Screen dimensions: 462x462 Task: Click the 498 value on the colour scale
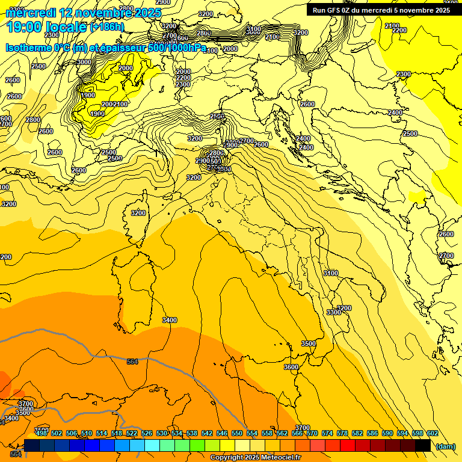coord(42,433)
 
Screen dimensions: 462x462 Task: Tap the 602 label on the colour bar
coord(432,433)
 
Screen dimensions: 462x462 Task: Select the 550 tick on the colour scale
coord(237,433)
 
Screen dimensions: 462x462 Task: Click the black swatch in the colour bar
coord(422,445)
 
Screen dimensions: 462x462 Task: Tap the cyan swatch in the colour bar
coord(152,445)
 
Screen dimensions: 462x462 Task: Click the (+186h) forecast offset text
coord(107,27)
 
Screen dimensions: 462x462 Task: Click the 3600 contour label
coord(291,367)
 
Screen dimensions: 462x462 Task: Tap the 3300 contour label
coord(334,312)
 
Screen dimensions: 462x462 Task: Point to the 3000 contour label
coord(84,62)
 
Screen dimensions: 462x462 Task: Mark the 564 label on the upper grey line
coord(132,362)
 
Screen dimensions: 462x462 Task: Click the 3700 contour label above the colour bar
coord(303,428)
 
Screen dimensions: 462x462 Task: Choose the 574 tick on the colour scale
coord(327,433)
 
